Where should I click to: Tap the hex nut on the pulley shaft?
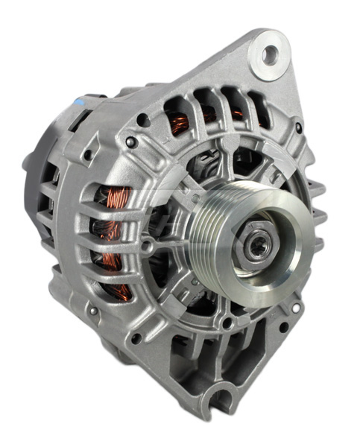coord(258,244)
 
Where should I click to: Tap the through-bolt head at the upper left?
coord(131,142)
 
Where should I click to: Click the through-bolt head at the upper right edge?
coord(299,127)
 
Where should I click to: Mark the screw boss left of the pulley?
coord(148,246)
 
